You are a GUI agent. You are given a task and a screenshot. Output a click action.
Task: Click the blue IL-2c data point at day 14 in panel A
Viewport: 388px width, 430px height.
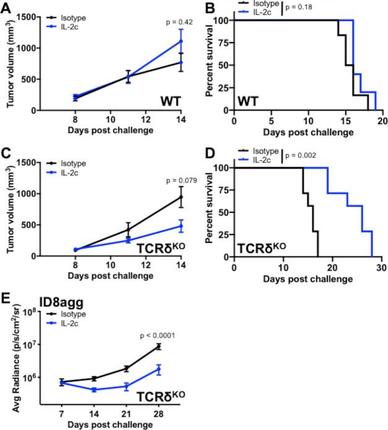181,41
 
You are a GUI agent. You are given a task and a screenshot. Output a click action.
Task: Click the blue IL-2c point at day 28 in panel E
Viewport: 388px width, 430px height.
158,369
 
